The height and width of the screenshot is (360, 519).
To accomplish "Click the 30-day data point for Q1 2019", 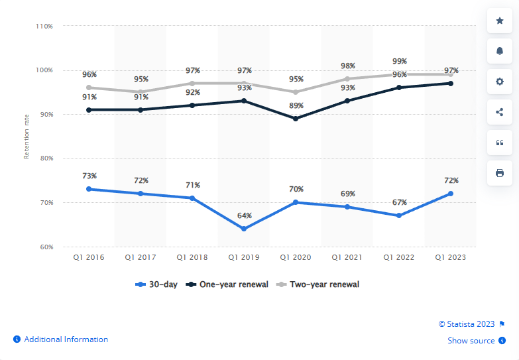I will pyautogui.click(x=244, y=229).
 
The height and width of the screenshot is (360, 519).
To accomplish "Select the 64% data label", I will pyautogui.click(x=244, y=215).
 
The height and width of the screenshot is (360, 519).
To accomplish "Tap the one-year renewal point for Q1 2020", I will pyautogui.click(x=296, y=119).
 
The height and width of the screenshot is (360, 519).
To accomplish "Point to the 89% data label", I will pyautogui.click(x=296, y=105).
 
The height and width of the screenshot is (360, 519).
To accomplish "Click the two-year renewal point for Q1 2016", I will pyautogui.click(x=89, y=88).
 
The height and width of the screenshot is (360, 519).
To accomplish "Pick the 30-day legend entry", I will pyautogui.click(x=156, y=284).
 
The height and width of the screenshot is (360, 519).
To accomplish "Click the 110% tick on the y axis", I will pyautogui.click(x=44, y=26).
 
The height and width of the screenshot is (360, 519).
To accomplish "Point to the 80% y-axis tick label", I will pyautogui.click(x=45, y=158).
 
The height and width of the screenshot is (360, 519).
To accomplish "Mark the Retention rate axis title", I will pyautogui.click(x=27, y=137).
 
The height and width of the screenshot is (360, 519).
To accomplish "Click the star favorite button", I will pyautogui.click(x=500, y=21).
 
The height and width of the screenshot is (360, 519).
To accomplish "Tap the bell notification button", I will pyautogui.click(x=500, y=51).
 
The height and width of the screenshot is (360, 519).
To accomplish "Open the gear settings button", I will pyautogui.click(x=500, y=82).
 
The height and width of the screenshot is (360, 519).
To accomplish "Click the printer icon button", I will pyautogui.click(x=500, y=173).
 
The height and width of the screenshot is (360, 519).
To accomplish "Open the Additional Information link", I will pyautogui.click(x=66, y=339).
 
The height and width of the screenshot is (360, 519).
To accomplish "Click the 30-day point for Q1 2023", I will pyautogui.click(x=451, y=194).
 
